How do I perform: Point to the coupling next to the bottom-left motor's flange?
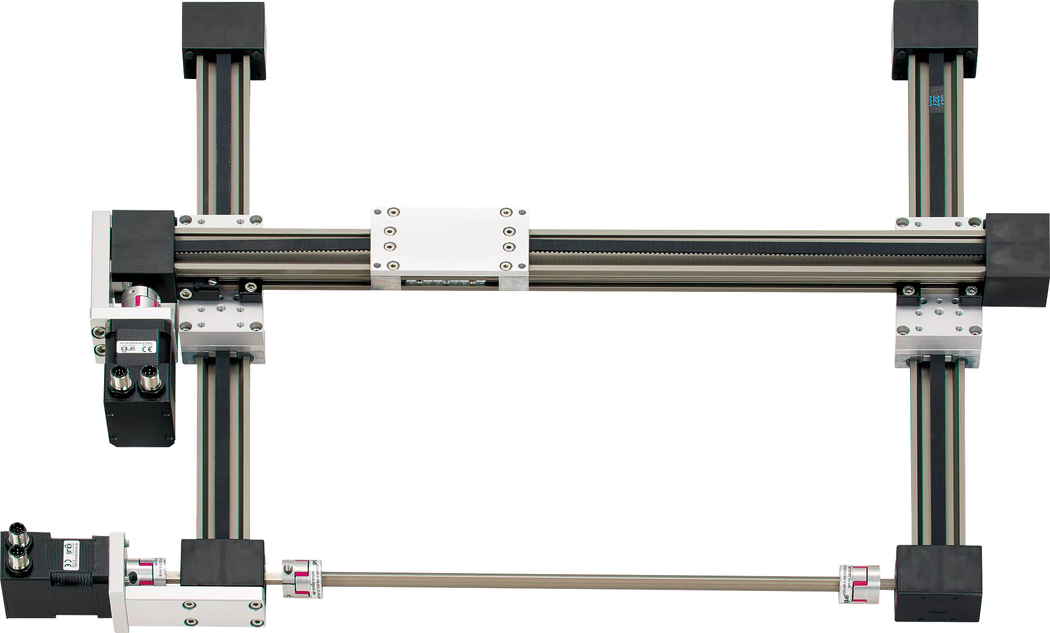coord(144,573)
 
